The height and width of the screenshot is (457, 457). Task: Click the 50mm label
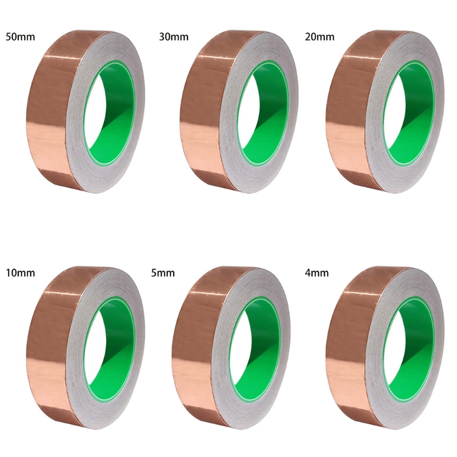click(21, 37)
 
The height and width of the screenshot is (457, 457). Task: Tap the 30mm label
click(174, 37)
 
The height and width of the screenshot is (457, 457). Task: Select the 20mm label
click(320, 37)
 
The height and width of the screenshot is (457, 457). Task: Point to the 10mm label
click(21, 273)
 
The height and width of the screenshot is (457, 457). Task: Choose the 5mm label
click(163, 273)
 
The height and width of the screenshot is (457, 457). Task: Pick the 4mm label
click(317, 273)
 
